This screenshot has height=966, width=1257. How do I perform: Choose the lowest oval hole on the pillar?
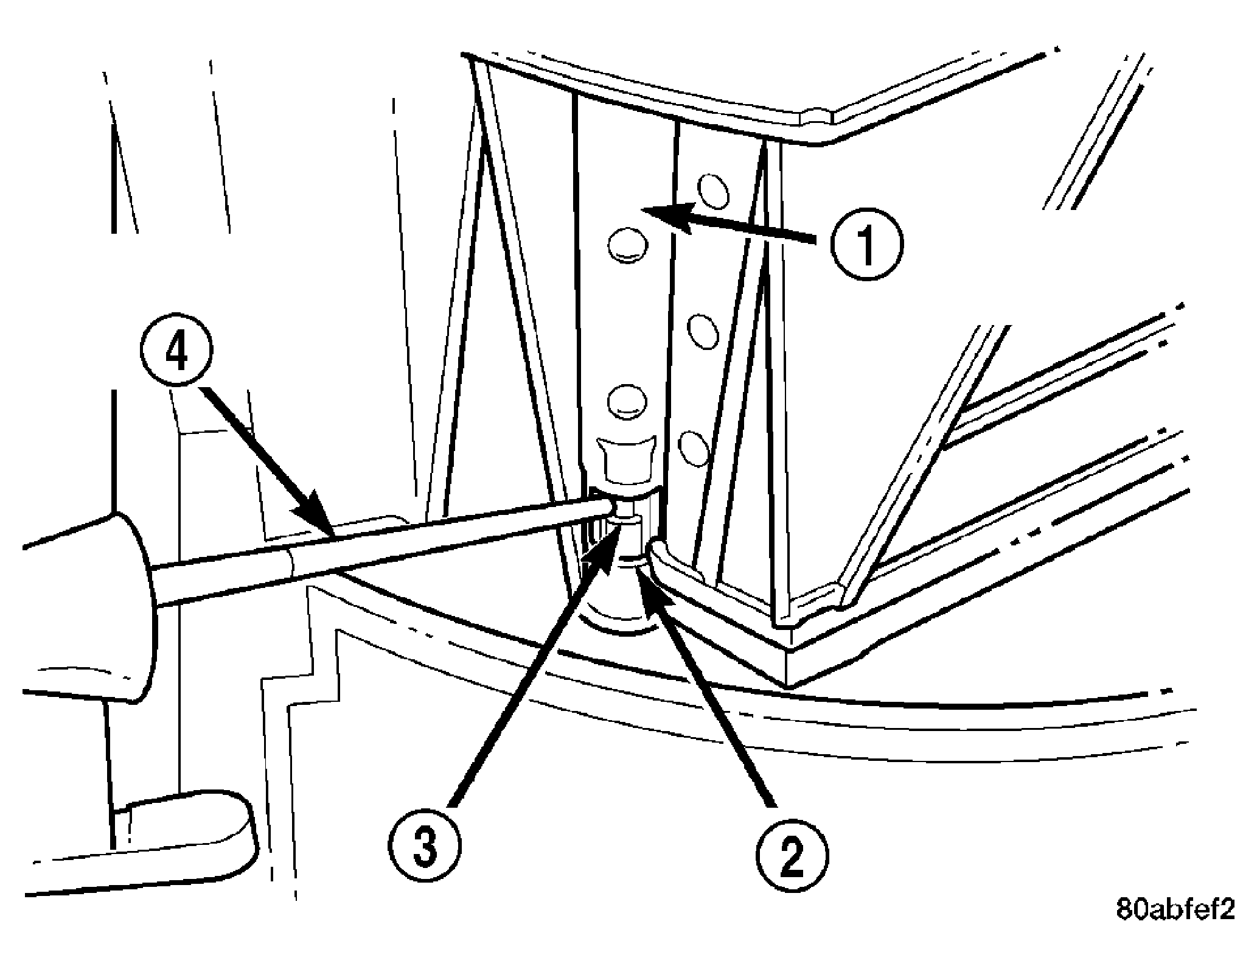(694, 448)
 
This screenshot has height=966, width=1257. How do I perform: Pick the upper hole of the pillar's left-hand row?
(627, 245)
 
